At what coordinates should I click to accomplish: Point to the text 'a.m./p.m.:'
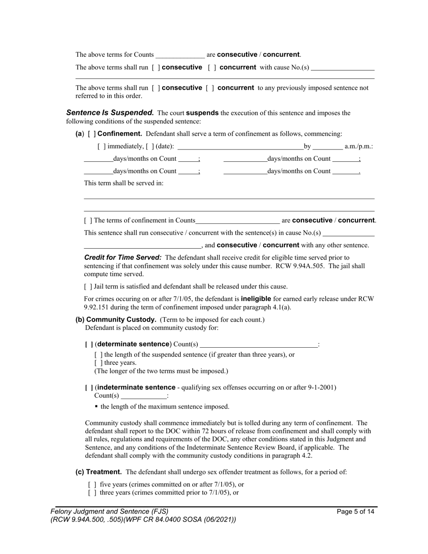tap(359, 146)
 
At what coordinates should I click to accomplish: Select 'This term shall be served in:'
tap(124, 183)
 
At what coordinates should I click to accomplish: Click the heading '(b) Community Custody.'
tap(116, 319)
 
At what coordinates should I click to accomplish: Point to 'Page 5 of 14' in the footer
tap(355, 512)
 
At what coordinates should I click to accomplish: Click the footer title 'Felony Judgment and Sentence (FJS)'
tap(109, 512)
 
